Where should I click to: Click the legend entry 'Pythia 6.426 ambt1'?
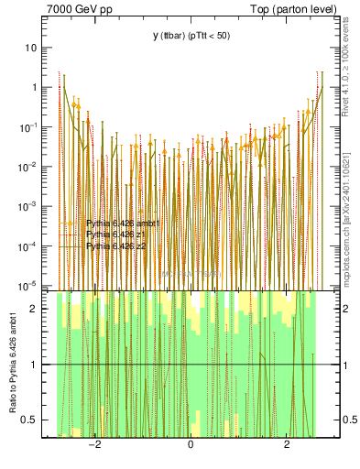(x=123, y=223)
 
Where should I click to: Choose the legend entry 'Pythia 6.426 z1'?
(x=115, y=234)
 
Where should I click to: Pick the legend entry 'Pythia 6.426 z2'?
(x=115, y=246)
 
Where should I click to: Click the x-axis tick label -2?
(x=93, y=444)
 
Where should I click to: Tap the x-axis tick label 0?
(x=191, y=444)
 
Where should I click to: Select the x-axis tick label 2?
(x=287, y=444)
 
